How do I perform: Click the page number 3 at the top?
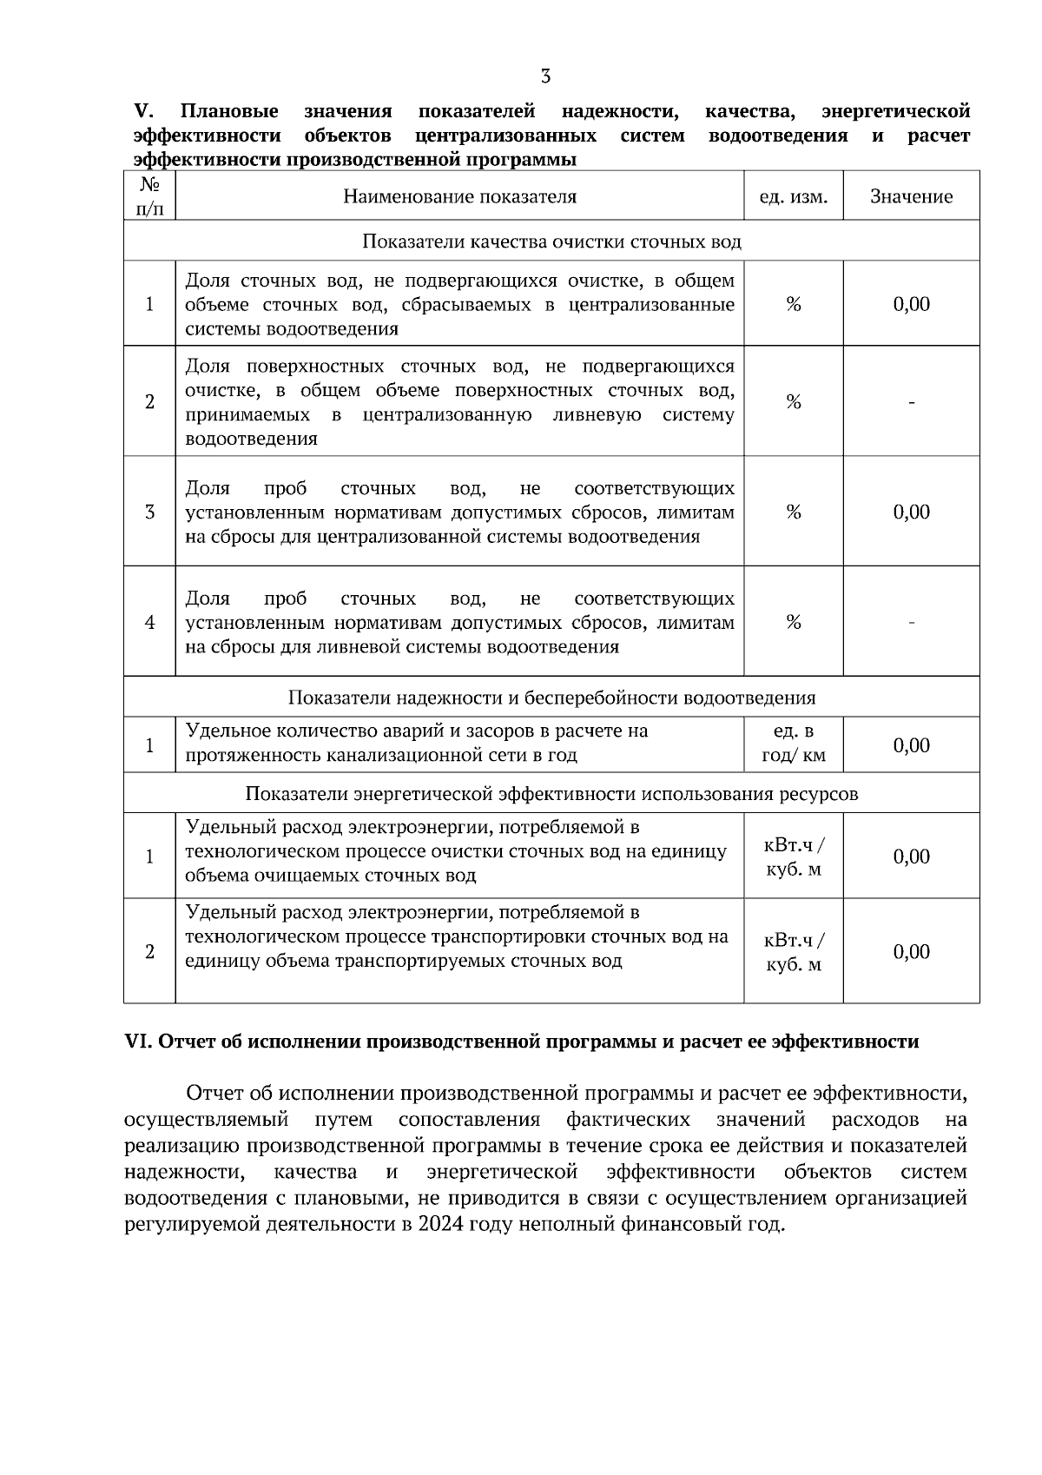coord(545,76)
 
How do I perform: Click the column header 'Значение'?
coord(911,196)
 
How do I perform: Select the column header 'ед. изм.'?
coord(793,197)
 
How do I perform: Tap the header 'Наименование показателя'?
coord(459,196)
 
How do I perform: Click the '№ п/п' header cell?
coord(149,196)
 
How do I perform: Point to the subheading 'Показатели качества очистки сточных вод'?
coord(551,241)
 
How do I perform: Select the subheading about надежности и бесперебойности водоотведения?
coord(551,698)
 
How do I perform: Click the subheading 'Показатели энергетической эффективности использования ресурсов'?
coord(551,794)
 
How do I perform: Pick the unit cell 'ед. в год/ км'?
coord(793,744)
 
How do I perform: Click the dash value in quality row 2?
coord(911,402)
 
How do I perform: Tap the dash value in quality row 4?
coord(911,622)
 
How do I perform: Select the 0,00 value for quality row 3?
coord(911,512)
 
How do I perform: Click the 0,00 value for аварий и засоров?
coord(911,745)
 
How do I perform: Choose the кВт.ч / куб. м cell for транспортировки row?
coord(793,952)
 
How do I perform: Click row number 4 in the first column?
coord(149,623)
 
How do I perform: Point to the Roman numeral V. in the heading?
coord(144,111)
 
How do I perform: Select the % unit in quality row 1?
coord(793,304)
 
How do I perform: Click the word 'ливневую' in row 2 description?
coord(597,414)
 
